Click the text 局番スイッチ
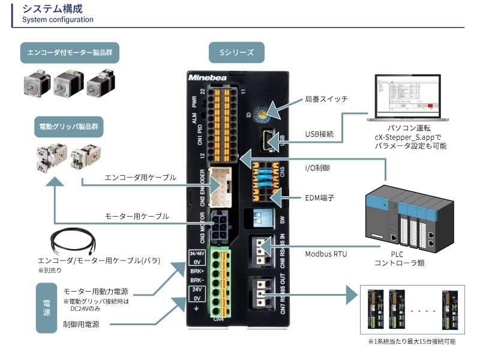tap(326, 100)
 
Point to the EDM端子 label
tap(319, 197)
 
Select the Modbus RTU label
tap(326, 254)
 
